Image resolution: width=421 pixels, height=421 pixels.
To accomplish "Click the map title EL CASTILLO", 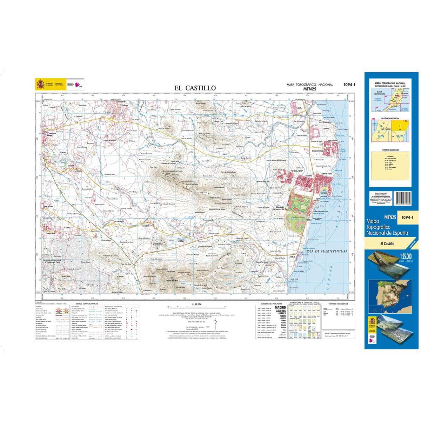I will pyautogui.click(x=195, y=88).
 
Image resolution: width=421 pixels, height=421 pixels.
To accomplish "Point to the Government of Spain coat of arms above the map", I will pyautogui.click(x=40, y=85).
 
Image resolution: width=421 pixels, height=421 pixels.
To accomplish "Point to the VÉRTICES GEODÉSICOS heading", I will pyautogui.click(x=338, y=304).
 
